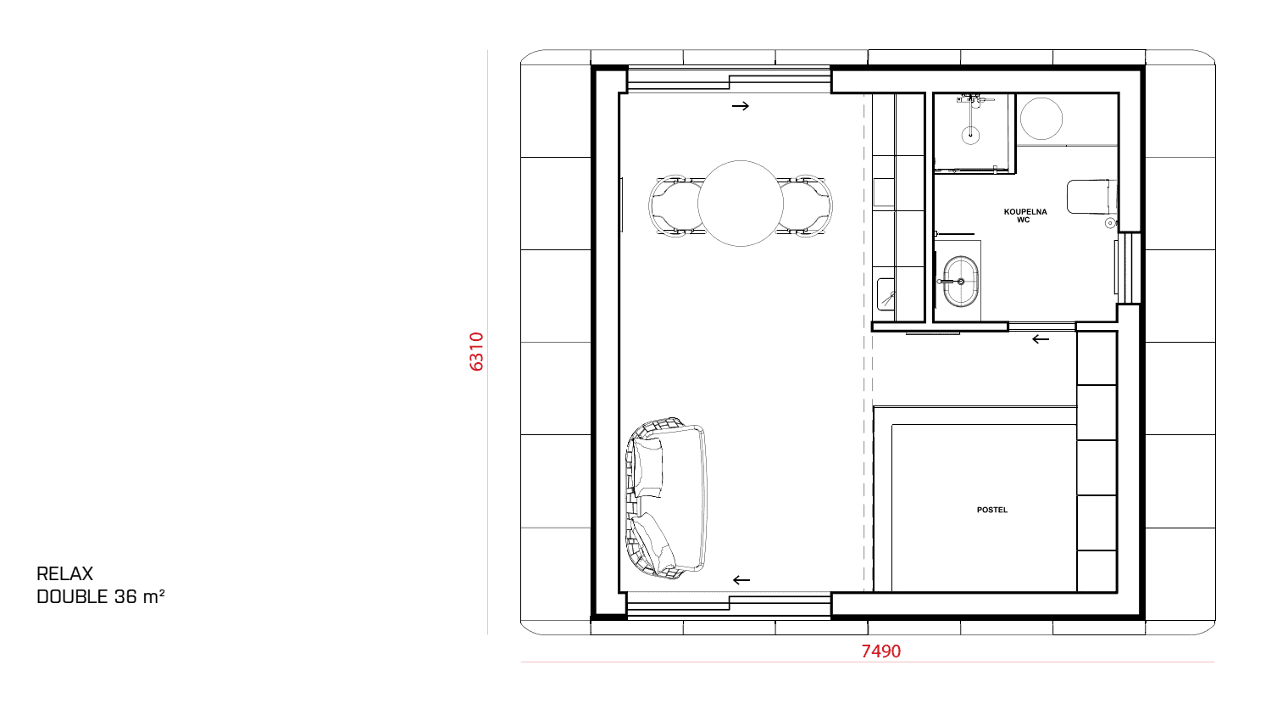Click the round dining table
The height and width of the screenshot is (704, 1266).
pyautogui.click(x=741, y=204)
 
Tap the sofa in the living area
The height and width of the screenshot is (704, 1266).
pyautogui.click(x=667, y=498)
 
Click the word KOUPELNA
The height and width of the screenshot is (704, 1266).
pyautogui.click(x=1025, y=212)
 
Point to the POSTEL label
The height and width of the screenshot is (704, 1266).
pyautogui.click(x=992, y=510)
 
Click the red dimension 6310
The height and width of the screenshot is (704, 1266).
pyautogui.click(x=476, y=351)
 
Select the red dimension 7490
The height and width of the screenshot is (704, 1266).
pyautogui.click(x=880, y=651)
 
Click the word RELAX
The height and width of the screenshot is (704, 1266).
pyautogui.click(x=64, y=574)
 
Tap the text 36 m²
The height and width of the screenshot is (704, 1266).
pyautogui.click(x=140, y=596)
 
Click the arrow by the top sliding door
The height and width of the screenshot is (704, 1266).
pyautogui.click(x=741, y=106)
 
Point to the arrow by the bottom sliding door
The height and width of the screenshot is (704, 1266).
pyautogui.click(x=741, y=580)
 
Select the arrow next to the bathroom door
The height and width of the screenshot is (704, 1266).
pyautogui.click(x=1041, y=339)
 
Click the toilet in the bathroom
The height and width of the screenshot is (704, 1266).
pyautogui.click(x=1091, y=197)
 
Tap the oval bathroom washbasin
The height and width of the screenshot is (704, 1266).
pyautogui.click(x=960, y=282)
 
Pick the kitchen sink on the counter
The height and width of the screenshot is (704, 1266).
pyautogui.click(x=886, y=294)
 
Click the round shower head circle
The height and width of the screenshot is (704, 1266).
pyautogui.click(x=970, y=135)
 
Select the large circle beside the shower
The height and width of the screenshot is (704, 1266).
pyautogui.click(x=1041, y=119)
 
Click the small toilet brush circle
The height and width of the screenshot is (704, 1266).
pyautogui.click(x=1110, y=223)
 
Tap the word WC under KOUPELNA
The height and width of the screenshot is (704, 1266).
pyautogui.click(x=1024, y=221)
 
